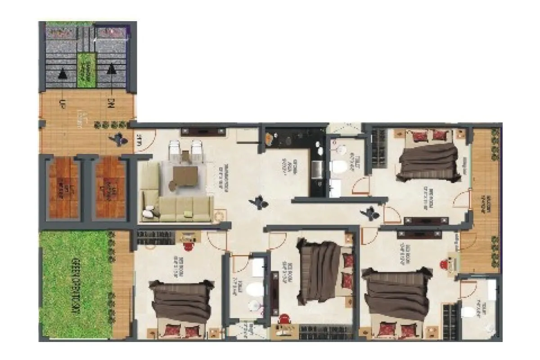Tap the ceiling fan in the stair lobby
click(x=119, y=139)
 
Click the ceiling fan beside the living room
click(x=260, y=203)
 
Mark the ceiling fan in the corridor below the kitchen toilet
click(x=371, y=211)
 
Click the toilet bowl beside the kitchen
click(x=339, y=167)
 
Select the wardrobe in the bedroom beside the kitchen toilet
click(x=379, y=148)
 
